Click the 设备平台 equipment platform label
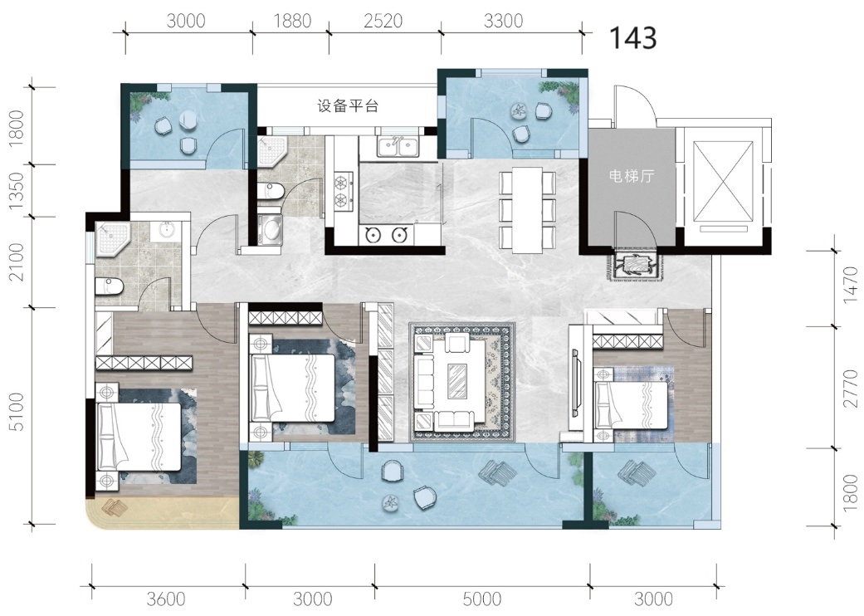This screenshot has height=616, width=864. pyautogui.click(x=348, y=105)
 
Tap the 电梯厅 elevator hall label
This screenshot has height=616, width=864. pyautogui.click(x=632, y=176)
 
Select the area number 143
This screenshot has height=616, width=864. pyautogui.click(x=633, y=37)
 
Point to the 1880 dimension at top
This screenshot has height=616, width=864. pyautogui.click(x=293, y=21)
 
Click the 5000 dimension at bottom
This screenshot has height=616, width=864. pyautogui.click(x=482, y=599)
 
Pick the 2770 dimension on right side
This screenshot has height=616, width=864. pyautogui.click(x=851, y=388)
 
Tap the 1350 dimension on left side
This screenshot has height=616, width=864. pyautogui.click(x=17, y=191)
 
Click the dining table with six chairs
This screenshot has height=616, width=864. pyautogui.click(x=528, y=209)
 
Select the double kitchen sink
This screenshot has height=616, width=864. pyautogui.click(x=398, y=147)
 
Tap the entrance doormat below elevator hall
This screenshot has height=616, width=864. pyautogui.click(x=635, y=266)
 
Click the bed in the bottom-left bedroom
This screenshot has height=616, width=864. pyautogui.click(x=139, y=437)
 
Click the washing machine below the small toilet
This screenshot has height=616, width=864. pyautogui.click(x=270, y=230)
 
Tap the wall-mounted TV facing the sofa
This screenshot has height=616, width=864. pyautogui.click(x=575, y=383)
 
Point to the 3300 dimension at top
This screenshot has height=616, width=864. pyautogui.click(x=503, y=21)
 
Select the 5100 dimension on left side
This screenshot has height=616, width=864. pyautogui.click(x=17, y=412)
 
